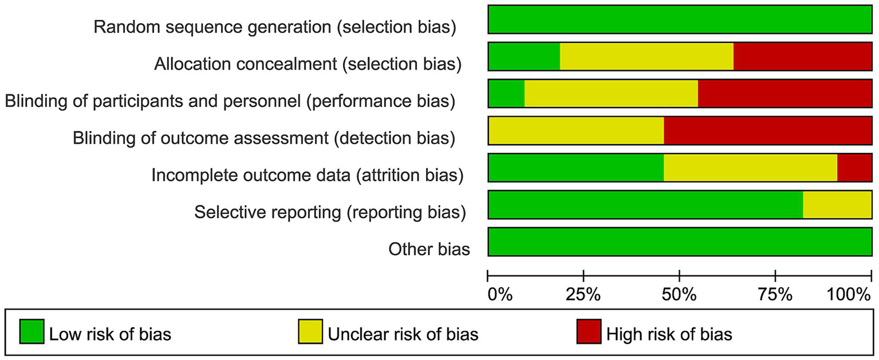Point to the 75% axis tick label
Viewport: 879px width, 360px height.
click(775, 295)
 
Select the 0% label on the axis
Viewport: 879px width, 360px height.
click(499, 295)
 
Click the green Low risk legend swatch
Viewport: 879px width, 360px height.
click(31, 332)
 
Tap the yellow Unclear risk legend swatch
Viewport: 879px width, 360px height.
click(310, 332)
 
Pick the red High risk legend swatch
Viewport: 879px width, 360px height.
click(588, 332)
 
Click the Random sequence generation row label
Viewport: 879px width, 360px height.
click(275, 27)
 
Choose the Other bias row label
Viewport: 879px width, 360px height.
click(429, 249)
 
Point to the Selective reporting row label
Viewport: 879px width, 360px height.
click(330, 212)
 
